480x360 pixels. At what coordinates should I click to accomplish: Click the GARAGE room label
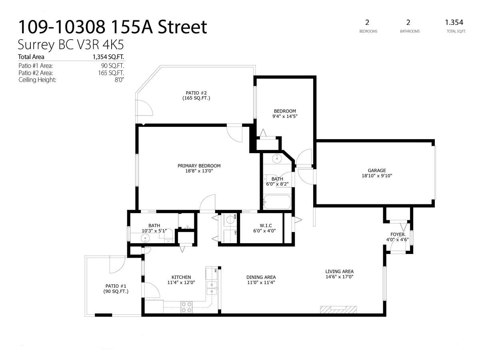coord(376,170)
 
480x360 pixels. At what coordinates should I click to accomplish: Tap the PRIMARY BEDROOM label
coord(199,166)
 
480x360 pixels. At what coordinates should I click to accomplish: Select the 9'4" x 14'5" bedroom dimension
coord(285,116)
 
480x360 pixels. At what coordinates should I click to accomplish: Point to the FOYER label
coord(397,234)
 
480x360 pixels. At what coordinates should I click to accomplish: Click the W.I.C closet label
coord(266,225)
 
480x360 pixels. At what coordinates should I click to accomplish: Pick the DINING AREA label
coord(261,277)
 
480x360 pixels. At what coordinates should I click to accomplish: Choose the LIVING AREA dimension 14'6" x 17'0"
coord(339,276)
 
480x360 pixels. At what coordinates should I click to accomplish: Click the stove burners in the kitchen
coord(186,307)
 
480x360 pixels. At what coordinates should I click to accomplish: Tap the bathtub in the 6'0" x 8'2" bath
coord(277,202)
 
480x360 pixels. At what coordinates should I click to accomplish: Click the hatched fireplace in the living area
coord(338,310)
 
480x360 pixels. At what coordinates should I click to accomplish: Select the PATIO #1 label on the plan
coord(116,286)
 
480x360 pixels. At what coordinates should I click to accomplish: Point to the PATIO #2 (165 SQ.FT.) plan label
coord(196,96)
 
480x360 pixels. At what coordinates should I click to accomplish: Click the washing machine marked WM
coord(230,219)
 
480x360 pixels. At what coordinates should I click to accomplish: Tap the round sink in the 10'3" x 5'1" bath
coord(145,237)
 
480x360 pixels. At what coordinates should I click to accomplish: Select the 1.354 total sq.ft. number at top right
coord(454,22)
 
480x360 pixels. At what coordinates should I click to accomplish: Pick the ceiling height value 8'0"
coord(119,80)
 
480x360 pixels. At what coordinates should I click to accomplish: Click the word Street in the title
coord(182,27)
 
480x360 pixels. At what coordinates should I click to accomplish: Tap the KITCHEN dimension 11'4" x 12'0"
coord(181,282)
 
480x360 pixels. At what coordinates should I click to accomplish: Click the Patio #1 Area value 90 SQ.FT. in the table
coord(112,66)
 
